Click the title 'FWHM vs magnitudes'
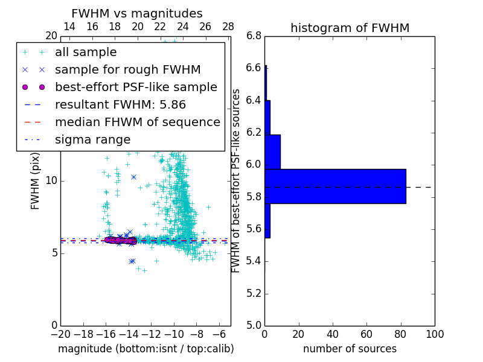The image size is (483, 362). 137,13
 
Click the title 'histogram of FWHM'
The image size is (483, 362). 350,28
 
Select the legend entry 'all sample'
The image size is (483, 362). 86,52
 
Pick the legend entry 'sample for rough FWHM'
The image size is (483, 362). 127,70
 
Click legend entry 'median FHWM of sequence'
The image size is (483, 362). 137,122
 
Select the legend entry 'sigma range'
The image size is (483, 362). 92,140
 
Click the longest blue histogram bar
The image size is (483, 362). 335,186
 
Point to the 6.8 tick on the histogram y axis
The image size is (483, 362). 254,36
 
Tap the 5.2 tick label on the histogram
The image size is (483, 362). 254,293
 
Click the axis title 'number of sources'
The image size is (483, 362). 350,349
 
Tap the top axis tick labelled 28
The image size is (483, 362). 228,27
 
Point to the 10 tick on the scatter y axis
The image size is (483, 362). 51,180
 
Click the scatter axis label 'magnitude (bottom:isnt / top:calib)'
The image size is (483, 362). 146,349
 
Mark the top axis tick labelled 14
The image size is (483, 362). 69,27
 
